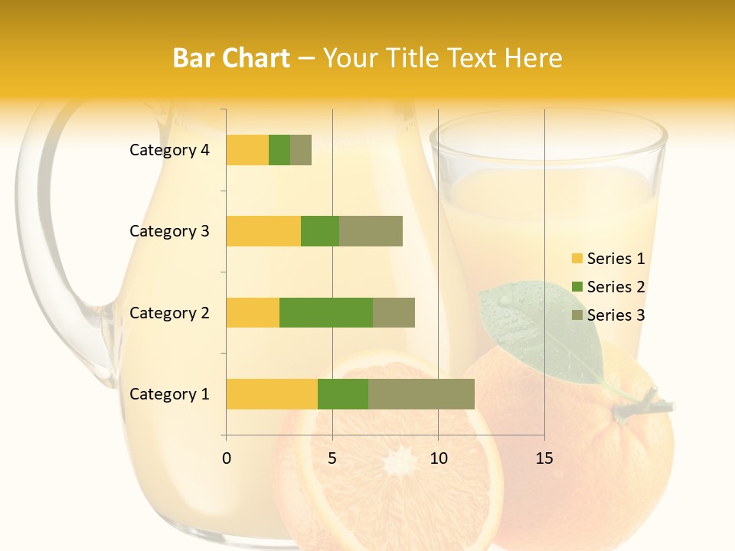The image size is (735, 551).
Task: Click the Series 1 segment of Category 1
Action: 272,394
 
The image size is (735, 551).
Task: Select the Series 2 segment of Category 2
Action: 326,312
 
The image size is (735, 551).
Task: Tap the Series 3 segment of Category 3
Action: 371,231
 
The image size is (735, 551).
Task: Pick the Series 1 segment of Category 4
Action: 247,150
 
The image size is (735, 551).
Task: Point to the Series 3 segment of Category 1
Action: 421,394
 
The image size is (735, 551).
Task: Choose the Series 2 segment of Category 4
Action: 279,150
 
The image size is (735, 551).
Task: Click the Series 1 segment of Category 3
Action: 263,231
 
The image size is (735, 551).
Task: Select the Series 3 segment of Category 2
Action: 394,312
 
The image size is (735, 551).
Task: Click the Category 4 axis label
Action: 169,150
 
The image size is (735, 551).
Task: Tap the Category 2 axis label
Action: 169,313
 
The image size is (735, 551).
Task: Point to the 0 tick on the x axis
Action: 227,458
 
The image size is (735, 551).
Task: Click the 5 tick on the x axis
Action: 332,458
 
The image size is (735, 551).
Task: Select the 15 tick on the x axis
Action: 544,458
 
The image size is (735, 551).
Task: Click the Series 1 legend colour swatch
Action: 577,259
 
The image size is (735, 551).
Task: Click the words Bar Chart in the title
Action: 231,58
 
